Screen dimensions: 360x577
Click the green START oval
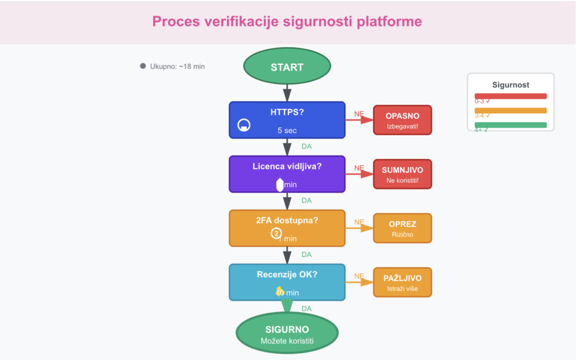pyautogui.click(x=287, y=67)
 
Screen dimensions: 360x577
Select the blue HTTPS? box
pyautogui.click(x=287, y=119)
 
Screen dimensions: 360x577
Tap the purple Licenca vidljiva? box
pyautogui.click(x=287, y=174)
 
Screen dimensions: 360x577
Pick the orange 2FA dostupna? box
pyautogui.click(x=287, y=228)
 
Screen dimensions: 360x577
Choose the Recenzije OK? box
pyautogui.click(x=287, y=282)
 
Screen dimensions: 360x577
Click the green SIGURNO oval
pyautogui.click(x=287, y=335)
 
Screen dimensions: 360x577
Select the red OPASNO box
pyautogui.click(x=402, y=120)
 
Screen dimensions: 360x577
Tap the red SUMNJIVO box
pyautogui.click(x=402, y=174)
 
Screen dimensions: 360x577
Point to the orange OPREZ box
pyautogui.click(x=402, y=228)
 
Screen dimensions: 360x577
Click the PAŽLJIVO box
pyautogui.click(x=402, y=282)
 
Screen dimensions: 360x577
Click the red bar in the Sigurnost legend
pyautogui.click(x=511, y=96)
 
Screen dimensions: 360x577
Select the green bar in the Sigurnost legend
pyautogui.click(x=511, y=125)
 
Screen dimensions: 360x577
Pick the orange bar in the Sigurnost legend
pyautogui.click(x=511, y=110)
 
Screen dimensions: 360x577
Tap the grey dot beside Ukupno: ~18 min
pyautogui.click(x=143, y=66)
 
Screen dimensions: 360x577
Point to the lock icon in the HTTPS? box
pyautogui.click(x=244, y=125)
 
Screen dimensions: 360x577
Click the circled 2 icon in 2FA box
pyautogui.click(x=276, y=233)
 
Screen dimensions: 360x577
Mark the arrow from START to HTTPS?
pyautogui.click(x=287, y=91)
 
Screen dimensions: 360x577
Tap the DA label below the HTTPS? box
pyautogui.click(x=307, y=146)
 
